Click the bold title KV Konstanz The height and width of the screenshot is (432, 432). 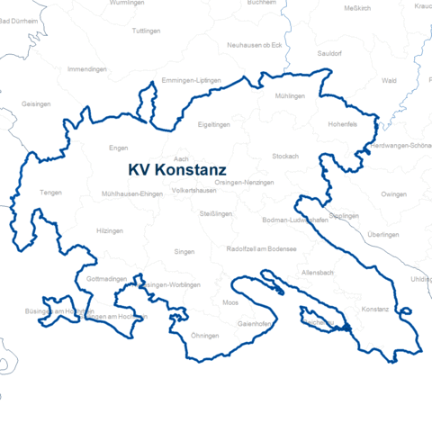177,168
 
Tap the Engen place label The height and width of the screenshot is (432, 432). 118,148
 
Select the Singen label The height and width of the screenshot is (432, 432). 184,252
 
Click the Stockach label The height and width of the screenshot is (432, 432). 284,156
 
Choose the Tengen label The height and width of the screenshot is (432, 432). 50,193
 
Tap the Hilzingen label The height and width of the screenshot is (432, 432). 109,231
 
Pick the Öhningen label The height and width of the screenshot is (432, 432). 205,335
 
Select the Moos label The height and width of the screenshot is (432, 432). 230,302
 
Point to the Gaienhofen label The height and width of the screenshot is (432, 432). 255,322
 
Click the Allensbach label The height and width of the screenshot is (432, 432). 319,272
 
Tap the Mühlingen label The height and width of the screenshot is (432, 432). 291,95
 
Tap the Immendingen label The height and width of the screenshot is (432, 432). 87,68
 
